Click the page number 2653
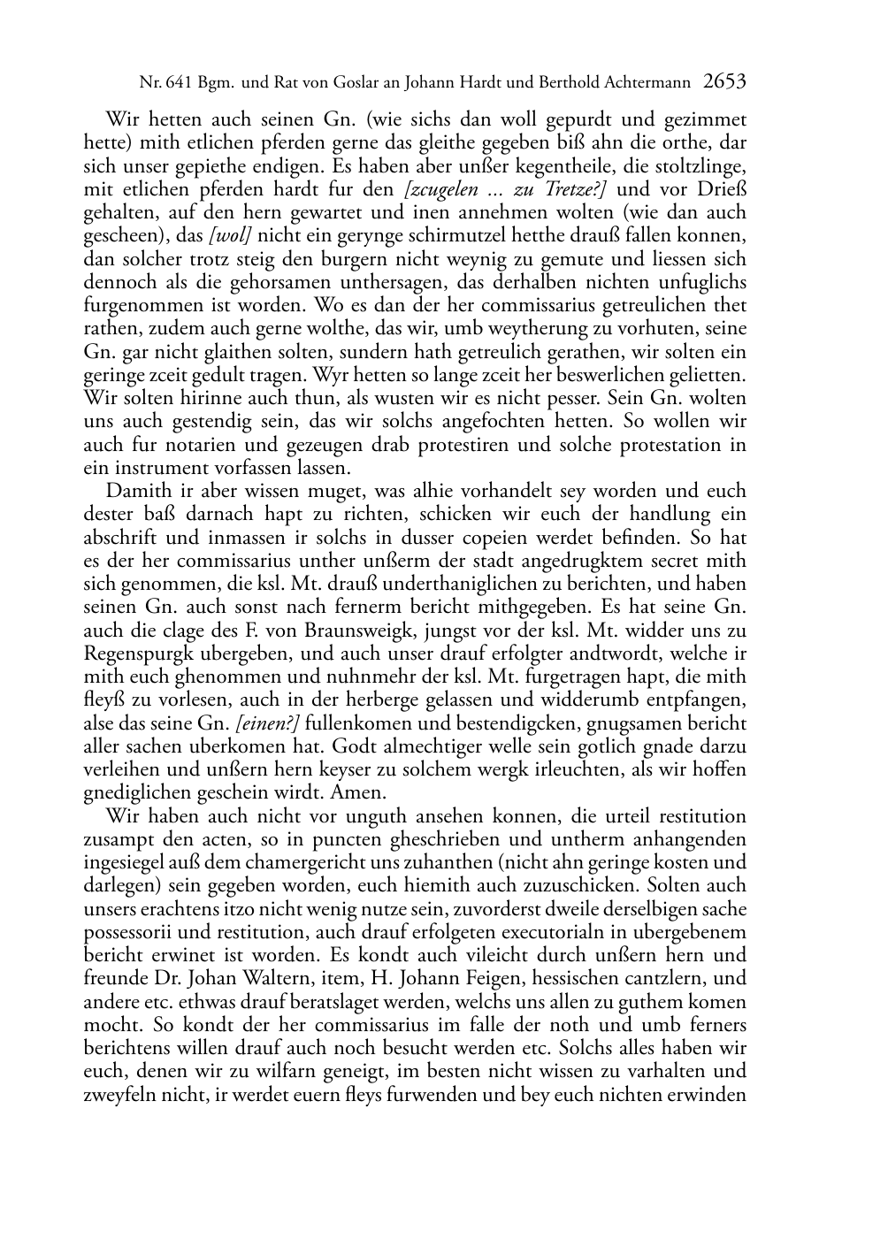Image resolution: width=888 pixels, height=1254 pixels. click(724, 82)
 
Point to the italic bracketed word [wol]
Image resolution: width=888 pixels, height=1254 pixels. click(228, 235)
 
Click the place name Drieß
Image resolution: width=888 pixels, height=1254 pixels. click(723, 188)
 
